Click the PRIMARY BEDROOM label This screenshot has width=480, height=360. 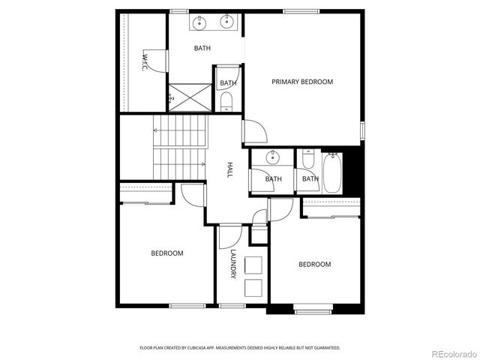(302, 82)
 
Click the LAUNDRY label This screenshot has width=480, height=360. (233, 264)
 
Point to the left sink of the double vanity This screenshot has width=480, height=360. (199, 22)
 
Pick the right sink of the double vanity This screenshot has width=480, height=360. (226, 22)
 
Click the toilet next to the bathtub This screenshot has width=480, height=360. (307, 160)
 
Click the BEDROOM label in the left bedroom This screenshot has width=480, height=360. (167, 253)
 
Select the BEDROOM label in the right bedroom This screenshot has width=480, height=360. (315, 264)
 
